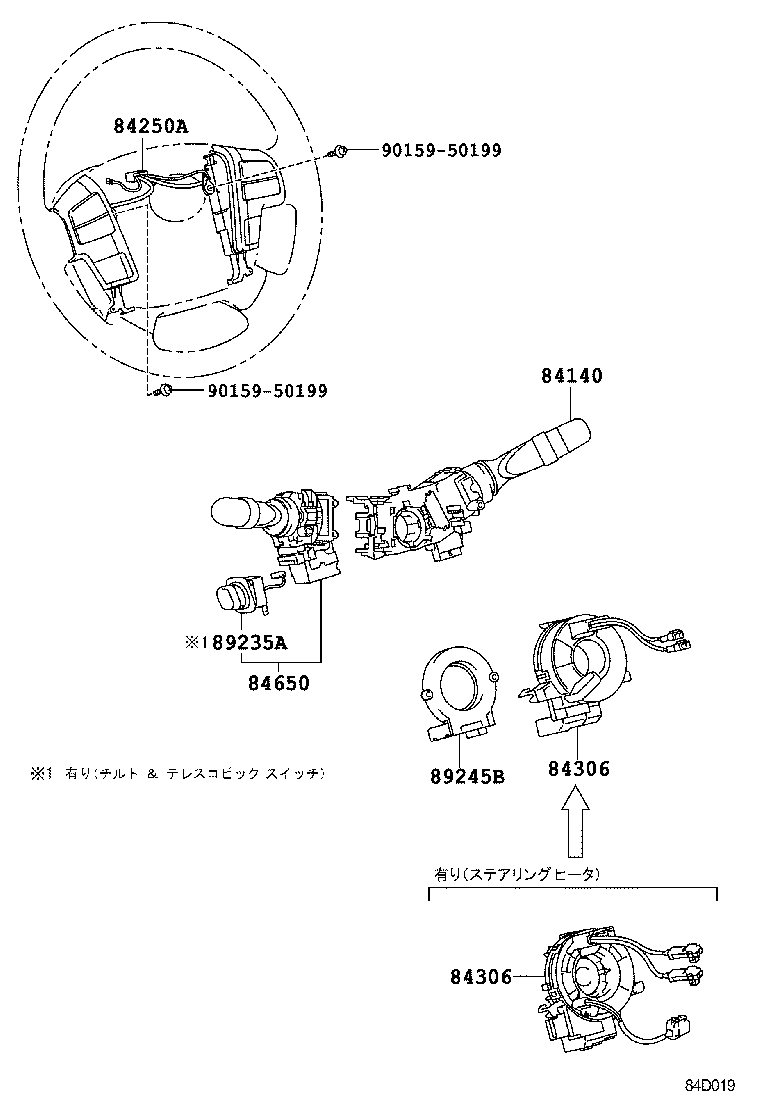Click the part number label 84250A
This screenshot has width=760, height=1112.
(x=150, y=125)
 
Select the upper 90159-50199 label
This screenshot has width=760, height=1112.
(x=440, y=150)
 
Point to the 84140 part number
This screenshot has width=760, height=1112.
(x=572, y=377)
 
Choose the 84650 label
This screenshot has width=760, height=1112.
(x=278, y=684)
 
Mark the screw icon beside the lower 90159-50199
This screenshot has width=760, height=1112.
(x=166, y=390)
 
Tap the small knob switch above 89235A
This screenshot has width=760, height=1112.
(x=240, y=598)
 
